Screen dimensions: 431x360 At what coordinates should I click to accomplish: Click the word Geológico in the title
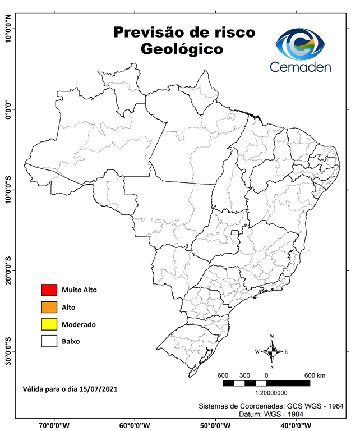point(182,49)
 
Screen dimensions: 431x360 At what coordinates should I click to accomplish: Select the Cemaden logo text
point(301,67)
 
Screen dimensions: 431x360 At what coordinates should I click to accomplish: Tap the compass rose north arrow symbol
point(271,352)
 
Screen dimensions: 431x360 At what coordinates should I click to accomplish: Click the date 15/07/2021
point(99,388)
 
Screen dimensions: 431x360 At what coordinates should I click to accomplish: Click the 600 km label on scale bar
point(315,375)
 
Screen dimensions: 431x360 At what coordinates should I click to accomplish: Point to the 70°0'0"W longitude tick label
point(54,425)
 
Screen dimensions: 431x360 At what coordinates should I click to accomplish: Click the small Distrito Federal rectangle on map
point(234,231)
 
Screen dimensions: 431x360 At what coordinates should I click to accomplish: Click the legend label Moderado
point(79,325)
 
